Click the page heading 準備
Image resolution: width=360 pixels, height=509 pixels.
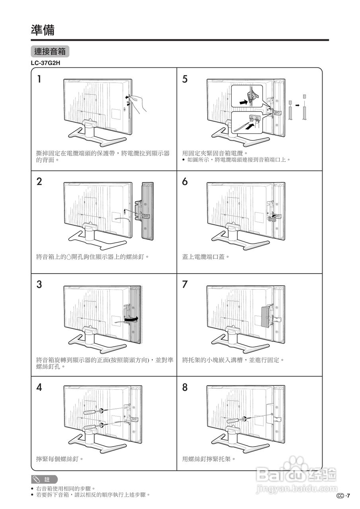43,30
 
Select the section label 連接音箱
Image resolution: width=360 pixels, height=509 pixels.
50,51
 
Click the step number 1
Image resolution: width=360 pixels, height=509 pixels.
39,79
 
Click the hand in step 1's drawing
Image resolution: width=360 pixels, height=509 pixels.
140,103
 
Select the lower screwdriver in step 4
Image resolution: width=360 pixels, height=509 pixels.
91,427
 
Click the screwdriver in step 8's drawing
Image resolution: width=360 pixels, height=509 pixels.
235,419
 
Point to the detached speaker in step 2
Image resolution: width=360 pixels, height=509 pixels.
147,211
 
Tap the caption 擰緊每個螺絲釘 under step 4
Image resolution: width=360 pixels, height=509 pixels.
60,459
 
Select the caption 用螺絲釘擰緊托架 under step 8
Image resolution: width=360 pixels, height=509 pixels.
209,459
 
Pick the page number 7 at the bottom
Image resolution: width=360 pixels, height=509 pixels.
348,496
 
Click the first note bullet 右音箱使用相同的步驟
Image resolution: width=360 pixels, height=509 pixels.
66,488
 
